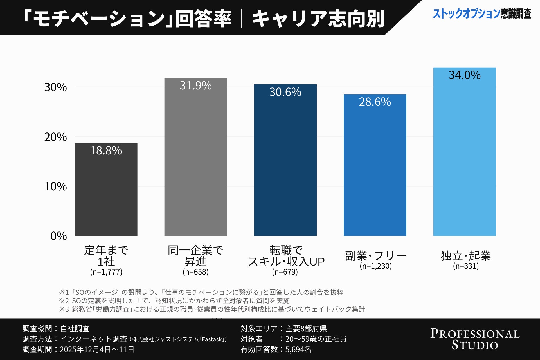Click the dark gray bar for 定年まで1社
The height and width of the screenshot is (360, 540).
pyautogui.click(x=106, y=194)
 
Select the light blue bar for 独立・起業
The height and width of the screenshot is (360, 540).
pyautogui.click(x=465, y=157)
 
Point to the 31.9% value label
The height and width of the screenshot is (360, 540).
pyautogui.click(x=196, y=85)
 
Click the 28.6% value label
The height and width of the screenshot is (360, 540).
pyautogui.click(x=375, y=102)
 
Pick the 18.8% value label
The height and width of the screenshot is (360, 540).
pyautogui.click(x=106, y=150)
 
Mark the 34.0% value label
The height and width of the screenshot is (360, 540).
pyautogui.click(x=465, y=75)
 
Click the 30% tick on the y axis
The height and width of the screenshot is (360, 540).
pyautogui.click(x=56, y=87)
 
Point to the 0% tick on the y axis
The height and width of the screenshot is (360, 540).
pyautogui.click(x=58, y=236)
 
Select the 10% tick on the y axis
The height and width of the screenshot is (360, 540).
pyautogui.click(x=56, y=186)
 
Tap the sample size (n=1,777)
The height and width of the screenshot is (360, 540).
pyautogui.click(x=106, y=272)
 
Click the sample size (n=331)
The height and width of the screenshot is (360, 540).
pyautogui.click(x=466, y=266)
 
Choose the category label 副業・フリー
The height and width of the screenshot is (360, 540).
pyautogui.click(x=375, y=256)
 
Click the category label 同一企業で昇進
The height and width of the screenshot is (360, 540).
pyautogui.click(x=195, y=256)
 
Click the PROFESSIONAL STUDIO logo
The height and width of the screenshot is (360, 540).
pyautogui.click(x=475, y=339)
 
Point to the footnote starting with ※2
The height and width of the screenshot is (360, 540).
pyautogui.click(x=174, y=301)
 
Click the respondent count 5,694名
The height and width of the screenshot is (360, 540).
pyautogui.click(x=298, y=349)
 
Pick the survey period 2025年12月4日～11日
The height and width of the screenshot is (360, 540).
pyautogui.click(x=97, y=349)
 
